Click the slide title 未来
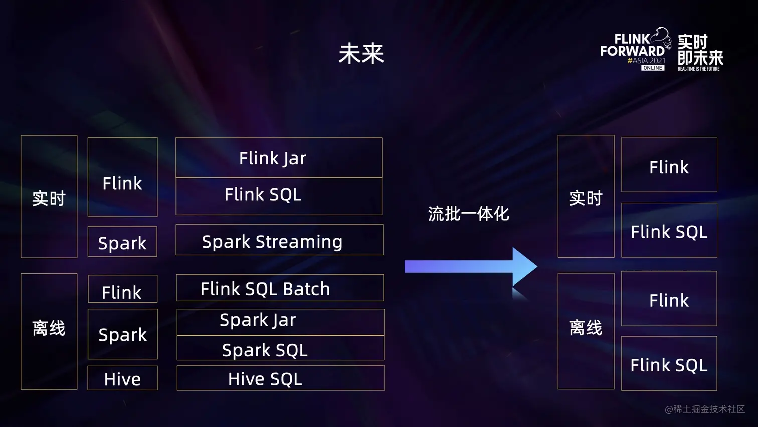coord(361,54)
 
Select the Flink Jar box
coord(279,158)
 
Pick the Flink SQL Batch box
coord(280,288)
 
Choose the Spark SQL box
coord(280,349)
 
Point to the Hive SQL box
coord(280,378)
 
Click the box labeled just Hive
coord(122,378)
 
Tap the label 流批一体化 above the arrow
coord(468,214)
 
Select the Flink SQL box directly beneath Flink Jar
coord(279,196)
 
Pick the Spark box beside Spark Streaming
coord(122,242)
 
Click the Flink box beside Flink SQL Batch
coord(122,290)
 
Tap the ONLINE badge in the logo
coord(653,68)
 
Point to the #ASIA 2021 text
coord(646,61)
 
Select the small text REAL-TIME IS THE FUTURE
coord(698,69)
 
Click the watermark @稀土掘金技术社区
coord(704,409)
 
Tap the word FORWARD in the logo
coord(632,51)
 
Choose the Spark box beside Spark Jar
coord(122,334)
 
